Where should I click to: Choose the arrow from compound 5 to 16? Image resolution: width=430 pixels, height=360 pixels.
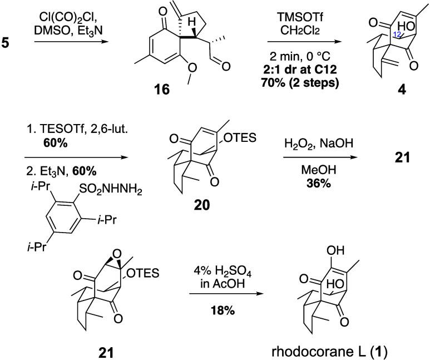(x=58, y=43)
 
